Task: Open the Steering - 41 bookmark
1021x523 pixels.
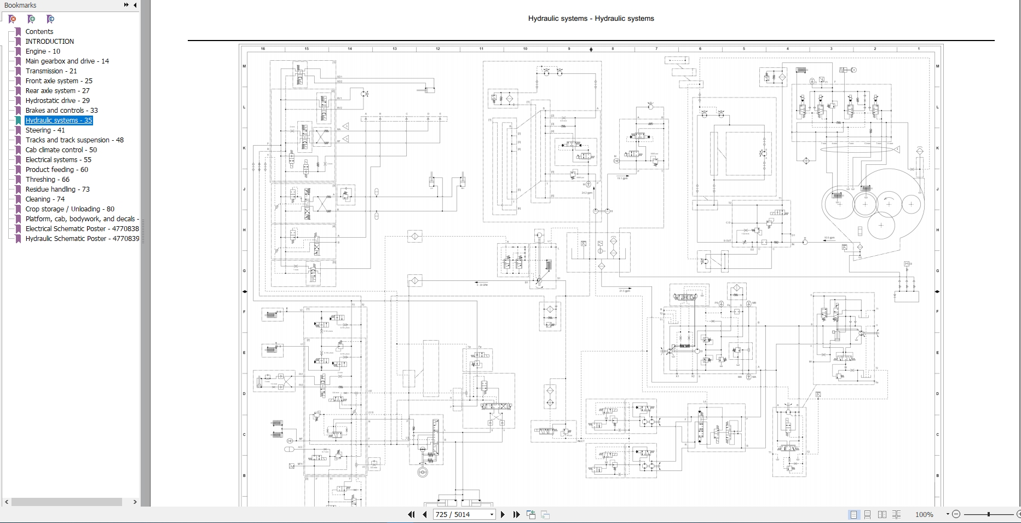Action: (x=45, y=130)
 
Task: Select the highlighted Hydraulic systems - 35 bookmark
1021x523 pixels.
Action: (x=59, y=120)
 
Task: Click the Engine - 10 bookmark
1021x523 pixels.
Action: (x=43, y=51)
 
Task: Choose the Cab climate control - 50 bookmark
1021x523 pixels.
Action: (x=61, y=150)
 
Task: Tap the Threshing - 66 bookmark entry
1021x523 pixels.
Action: (x=47, y=180)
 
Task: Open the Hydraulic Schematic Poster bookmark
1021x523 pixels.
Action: (x=82, y=239)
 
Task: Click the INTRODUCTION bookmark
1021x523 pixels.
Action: (x=49, y=42)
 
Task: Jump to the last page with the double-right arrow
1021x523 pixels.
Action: (x=516, y=515)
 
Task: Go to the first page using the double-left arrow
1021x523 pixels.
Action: (x=411, y=515)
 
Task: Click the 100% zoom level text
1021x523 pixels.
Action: (x=924, y=515)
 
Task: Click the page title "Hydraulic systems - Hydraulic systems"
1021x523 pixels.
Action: (x=591, y=19)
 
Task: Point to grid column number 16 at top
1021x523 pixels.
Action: (x=263, y=49)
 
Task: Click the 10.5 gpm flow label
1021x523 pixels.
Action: (x=829, y=238)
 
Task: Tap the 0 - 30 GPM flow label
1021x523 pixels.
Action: (x=482, y=285)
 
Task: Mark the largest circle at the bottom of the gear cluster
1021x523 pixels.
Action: (x=881, y=225)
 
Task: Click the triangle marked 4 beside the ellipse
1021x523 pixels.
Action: (x=896, y=148)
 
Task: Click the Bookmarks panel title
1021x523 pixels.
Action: (x=20, y=5)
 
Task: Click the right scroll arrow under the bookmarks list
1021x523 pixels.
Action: (x=135, y=502)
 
